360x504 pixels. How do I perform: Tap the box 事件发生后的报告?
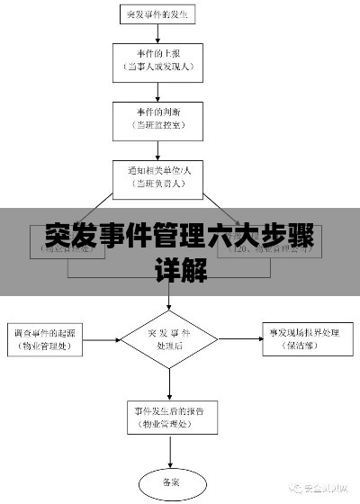point(169,415)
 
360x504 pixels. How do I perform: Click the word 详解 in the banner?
point(180,269)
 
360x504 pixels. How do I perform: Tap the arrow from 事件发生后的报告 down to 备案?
point(169,450)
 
